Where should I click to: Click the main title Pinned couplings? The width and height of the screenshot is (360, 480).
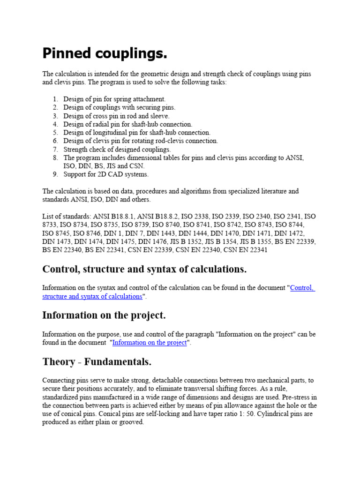point(105,53)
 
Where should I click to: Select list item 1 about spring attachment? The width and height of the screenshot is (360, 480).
point(114,99)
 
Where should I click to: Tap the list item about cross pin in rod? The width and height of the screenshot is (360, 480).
point(116,116)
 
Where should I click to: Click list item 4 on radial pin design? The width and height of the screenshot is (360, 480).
point(127,124)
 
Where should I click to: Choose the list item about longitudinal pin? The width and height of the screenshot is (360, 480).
point(137,133)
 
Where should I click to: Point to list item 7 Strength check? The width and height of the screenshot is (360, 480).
point(117,149)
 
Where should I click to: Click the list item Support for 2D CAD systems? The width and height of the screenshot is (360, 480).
point(106,174)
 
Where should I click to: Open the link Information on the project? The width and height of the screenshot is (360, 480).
point(150,343)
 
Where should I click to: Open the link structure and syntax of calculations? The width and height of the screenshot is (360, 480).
point(92,296)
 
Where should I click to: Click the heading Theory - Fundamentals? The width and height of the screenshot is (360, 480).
point(97,362)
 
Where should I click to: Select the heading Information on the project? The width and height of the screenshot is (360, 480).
point(104,315)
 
